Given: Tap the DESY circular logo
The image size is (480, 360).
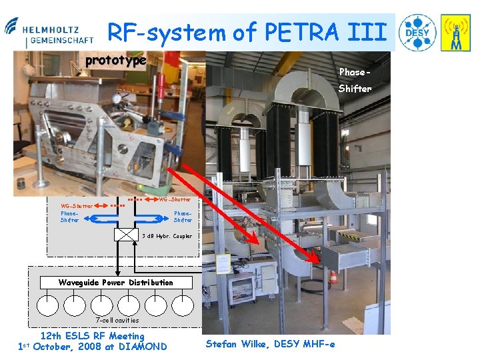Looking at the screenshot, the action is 417,33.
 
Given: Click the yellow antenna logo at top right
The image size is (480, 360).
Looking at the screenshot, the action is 456,33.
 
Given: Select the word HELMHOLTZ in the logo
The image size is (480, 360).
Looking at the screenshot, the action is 51,30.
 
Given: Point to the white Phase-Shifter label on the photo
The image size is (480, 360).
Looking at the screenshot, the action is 354,80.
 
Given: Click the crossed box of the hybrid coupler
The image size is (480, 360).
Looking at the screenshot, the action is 125,235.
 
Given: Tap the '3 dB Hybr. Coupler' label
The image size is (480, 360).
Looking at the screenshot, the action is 167,236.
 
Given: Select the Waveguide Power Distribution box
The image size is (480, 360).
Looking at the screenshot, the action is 115,282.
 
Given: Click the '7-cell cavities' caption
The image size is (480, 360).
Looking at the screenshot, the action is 117,321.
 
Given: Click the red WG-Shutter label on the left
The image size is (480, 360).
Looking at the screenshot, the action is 77,206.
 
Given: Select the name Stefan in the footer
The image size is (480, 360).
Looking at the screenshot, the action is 223,344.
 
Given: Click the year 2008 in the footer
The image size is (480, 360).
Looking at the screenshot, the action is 89,347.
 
